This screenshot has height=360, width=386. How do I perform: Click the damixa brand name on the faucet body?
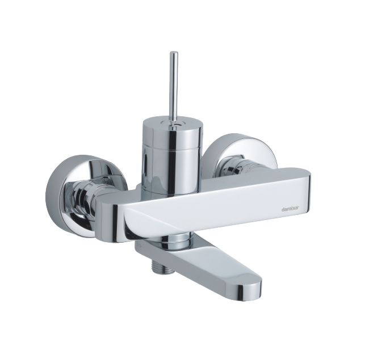[x=290, y=210]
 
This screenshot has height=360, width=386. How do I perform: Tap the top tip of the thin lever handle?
[x=174, y=52]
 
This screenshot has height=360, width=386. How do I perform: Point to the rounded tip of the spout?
[x=251, y=292]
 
